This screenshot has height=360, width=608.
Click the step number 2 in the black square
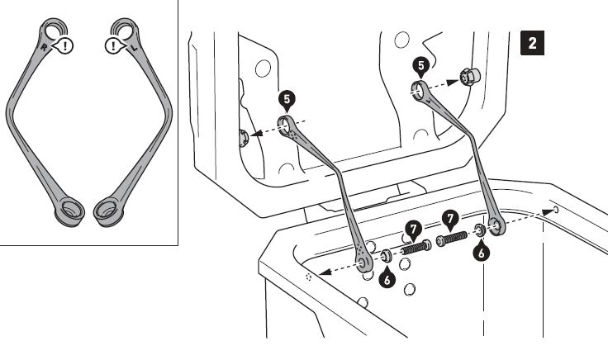532,43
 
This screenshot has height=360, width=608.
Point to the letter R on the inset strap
45,48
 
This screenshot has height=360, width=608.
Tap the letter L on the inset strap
134,49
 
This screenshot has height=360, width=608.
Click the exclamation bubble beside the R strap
64,45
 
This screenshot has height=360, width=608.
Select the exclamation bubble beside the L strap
115,46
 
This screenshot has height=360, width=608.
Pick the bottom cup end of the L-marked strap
108,211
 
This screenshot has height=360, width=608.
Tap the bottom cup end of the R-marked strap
69,211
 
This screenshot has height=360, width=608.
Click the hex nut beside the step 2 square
469,76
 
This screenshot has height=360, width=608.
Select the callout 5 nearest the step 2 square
421,67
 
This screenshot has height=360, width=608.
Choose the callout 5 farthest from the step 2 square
287,101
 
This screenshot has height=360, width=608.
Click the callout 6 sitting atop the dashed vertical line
482,253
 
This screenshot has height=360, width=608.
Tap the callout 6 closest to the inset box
387,278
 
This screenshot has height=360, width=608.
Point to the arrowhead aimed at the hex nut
452,82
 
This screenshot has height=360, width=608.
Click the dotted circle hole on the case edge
309,277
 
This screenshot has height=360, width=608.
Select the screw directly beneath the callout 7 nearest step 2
452,238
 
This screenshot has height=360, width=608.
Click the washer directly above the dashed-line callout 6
480,230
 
